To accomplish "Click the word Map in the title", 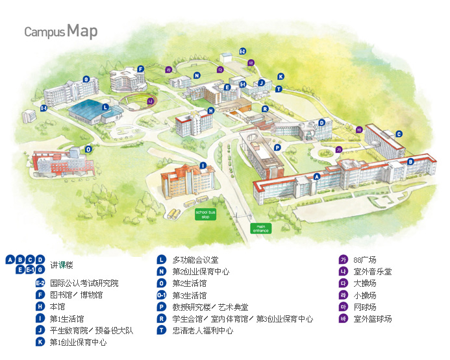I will click(82, 30).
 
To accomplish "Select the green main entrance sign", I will click(260, 228).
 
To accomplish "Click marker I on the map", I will click(203, 165).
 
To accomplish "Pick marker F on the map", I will click(140, 69).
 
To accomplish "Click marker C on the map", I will click(399, 134).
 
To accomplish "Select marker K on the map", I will click(281, 76).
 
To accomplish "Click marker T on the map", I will click(279, 89).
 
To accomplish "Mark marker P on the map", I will click(277, 147).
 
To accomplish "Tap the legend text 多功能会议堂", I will click(195, 259).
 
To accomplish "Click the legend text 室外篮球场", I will click(372, 318).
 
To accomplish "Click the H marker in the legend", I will click(40, 307).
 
